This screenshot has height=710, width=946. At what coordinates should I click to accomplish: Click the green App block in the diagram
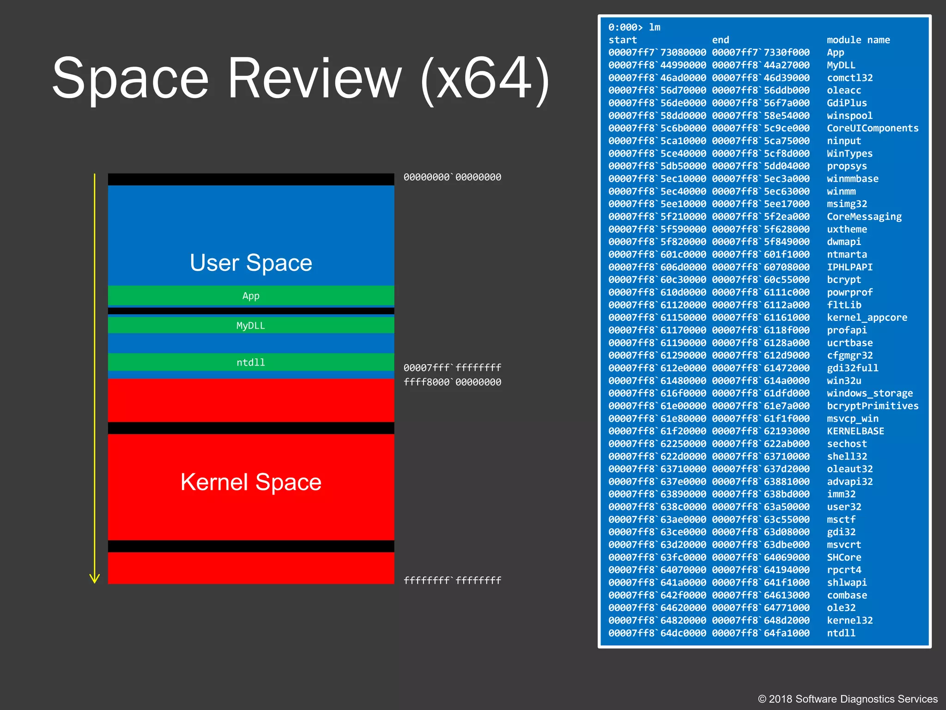[251, 296]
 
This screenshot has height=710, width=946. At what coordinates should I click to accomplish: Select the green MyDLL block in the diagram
[251, 325]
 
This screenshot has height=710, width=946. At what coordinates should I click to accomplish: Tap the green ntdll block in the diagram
[251, 362]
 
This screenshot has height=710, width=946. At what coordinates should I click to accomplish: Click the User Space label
[251, 263]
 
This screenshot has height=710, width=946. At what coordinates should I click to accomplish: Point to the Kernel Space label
[251, 482]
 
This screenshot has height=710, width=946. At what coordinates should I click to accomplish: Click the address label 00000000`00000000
[452, 177]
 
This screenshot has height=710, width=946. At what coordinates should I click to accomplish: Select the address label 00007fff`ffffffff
[452, 367]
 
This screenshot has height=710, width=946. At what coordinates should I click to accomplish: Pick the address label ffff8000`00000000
[452, 382]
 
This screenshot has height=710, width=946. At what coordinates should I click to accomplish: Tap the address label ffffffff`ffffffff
[452, 580]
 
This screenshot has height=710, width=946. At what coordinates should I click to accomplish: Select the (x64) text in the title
[485, 79]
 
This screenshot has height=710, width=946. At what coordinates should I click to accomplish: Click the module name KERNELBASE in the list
[855, 431]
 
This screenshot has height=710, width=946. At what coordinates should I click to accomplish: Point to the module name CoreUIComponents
[873, 128]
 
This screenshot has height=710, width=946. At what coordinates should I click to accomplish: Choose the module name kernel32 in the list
[849, 620]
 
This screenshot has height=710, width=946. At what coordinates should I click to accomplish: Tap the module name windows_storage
[870, 393]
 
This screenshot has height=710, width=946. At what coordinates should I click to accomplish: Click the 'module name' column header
[858, 40]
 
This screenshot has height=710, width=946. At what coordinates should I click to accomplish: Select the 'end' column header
[721, 40]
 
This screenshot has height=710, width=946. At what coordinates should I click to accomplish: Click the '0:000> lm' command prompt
[634, 27]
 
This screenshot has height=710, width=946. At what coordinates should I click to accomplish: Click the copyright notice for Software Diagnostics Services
[848, 699]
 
